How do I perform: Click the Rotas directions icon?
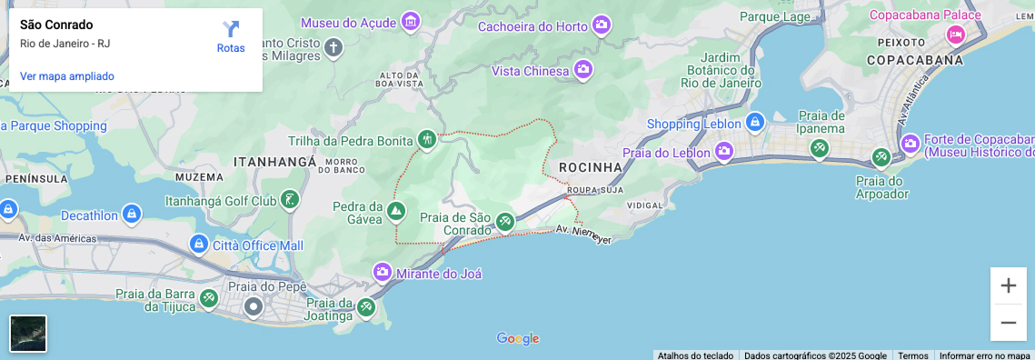coord(231,30)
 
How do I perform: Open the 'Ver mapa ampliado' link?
coord(67,76)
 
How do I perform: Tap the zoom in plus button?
coord(1008,285)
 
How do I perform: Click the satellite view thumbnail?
coord(28,334)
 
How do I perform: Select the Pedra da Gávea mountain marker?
coord(395,212)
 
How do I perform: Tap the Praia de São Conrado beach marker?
coord(504,222)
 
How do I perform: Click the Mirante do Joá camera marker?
coord(383,272)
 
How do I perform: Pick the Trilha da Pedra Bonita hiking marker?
coord(426,139)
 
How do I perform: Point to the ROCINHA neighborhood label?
coord(591,167)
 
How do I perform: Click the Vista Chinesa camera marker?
coord(582,69)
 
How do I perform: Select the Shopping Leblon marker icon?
coord(753,122)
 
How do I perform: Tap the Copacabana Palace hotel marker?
coord(954,35)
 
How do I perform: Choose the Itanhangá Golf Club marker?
coord(290,199)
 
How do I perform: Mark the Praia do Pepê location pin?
coord(254,306)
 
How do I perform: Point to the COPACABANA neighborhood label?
coord(914,60)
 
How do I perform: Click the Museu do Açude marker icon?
coord(410,21)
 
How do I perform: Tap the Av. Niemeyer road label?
coord(583,234)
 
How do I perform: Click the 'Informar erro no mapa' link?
coord(984,355)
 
